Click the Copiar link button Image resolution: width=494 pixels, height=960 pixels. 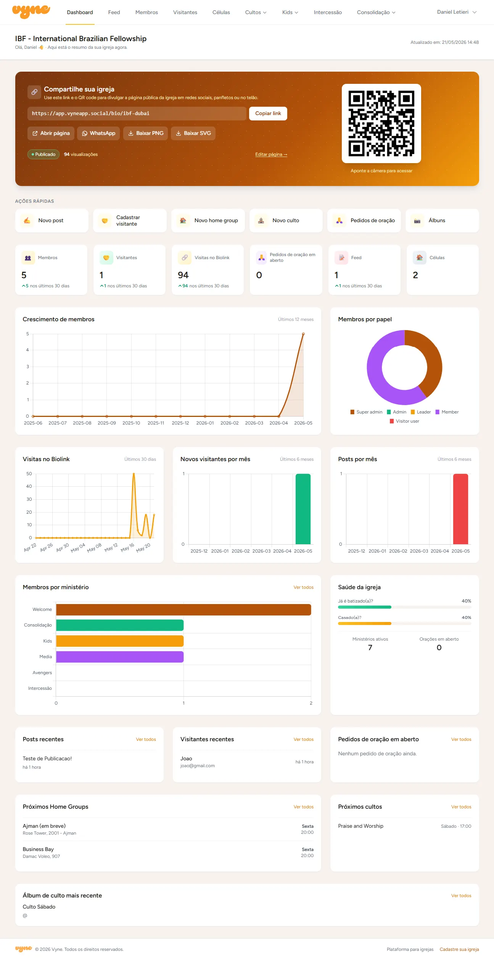(x=268, y=114)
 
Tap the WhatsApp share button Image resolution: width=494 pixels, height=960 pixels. (x=98, y=133)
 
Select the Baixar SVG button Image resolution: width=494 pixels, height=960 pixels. (x=193, y=133)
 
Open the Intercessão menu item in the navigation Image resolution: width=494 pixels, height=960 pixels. (x=328, y=12)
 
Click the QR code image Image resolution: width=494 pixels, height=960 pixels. (x=381, y=123)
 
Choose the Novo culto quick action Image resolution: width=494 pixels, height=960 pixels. (x=286, y=221)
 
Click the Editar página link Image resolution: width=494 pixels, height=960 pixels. (x=271, y=154)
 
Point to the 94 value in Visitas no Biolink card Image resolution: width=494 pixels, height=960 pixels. (x=183, y=275)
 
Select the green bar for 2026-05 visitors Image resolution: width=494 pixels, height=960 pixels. (x=303, y=509)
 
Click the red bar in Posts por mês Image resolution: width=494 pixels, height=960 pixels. (x=460, y=509)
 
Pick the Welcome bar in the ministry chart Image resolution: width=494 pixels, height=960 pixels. (x=183, y=610)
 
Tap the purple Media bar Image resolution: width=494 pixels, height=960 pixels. (x=120, y=657)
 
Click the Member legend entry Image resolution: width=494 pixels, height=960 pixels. (x=447, y=412)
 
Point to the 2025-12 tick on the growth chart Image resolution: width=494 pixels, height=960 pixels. (x=180, y=423)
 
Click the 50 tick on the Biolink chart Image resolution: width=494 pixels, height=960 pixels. (x=29, y=474)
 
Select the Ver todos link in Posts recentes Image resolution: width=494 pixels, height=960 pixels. (x=146, y=739)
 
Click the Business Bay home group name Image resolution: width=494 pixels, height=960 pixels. (x=38, y=849)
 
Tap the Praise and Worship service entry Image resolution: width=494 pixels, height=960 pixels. (x=360, y=826)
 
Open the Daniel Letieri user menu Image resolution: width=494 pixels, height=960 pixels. (x=457, y=12)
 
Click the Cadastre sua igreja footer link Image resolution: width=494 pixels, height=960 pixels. (x=459, y=949)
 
